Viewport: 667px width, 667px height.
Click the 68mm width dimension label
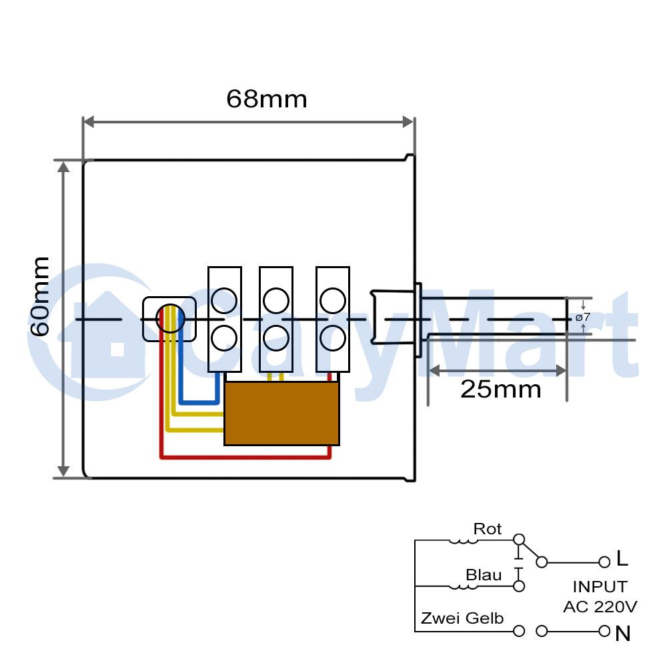267,99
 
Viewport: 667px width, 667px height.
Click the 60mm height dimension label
40,297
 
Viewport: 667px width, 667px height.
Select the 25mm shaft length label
501,390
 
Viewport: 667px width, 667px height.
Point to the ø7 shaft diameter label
583,317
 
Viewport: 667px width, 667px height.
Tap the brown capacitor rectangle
281,414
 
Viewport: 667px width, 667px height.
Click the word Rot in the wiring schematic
488,529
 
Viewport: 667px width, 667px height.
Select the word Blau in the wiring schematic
484,575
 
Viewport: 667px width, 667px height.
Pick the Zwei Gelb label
462,618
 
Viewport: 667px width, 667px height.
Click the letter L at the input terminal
622,558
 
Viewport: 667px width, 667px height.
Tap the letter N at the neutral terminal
623,634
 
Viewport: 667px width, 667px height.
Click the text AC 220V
600,606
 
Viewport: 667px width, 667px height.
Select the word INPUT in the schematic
600,586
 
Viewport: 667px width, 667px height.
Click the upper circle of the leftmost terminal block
224,301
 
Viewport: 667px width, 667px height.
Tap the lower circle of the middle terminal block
276,338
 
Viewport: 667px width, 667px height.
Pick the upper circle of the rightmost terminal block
333,301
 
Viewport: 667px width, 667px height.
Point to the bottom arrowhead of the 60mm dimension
63,472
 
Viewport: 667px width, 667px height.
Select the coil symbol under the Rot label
464,542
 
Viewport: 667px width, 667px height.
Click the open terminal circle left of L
604,562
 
